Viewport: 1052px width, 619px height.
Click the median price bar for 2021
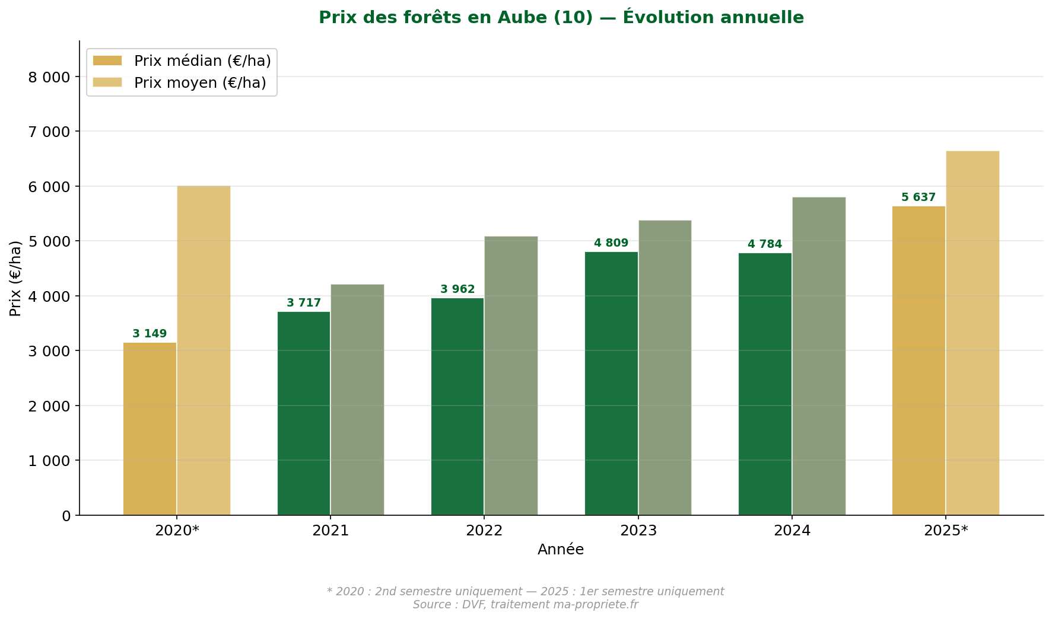pos(303,413)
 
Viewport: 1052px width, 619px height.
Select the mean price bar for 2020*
pos(204,350)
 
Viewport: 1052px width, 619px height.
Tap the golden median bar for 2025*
pos(918,360)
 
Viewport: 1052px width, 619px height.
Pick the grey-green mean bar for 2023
pos(665,368)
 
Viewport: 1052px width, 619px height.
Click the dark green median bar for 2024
pos(765,384)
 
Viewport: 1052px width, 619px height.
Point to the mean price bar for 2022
pos(511,376)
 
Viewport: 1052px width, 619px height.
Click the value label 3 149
pos(150,334)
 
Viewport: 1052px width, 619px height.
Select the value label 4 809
pos(611,243)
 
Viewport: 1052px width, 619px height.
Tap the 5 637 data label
pos(918,197)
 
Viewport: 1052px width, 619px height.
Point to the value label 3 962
pos(457,289)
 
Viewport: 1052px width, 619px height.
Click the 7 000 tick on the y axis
pos(49,132)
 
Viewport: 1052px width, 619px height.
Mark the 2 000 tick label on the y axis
pos(49,406)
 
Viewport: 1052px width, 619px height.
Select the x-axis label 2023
pos(638,531)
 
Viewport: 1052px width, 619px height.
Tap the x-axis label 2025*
pos(946,531)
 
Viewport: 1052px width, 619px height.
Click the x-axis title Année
pos(561,550)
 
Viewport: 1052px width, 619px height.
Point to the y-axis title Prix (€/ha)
pos(15,278)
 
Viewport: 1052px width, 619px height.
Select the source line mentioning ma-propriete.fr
pos(525,605)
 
